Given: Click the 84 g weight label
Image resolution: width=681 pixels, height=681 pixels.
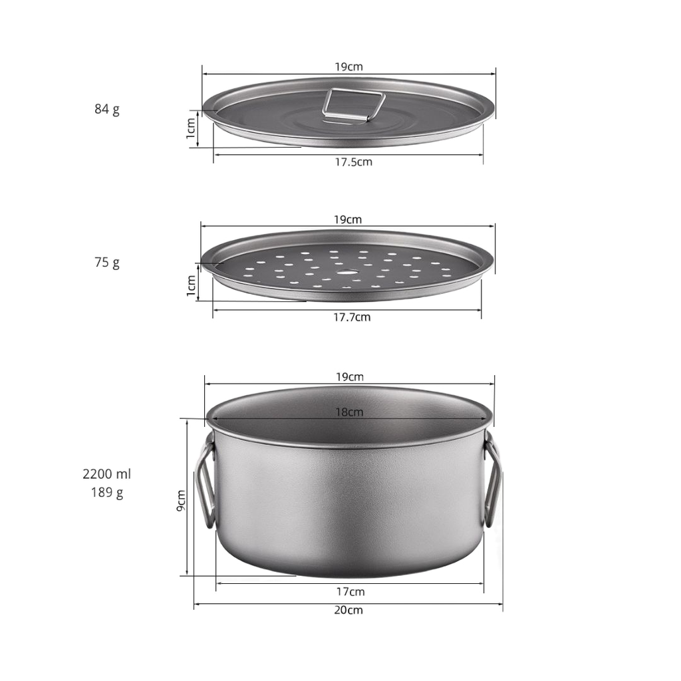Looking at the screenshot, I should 107,109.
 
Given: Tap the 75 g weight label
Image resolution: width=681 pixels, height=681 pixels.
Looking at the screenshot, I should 107,262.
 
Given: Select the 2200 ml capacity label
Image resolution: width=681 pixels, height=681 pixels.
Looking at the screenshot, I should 107,474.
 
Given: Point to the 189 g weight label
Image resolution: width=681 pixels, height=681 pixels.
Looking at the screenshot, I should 107,493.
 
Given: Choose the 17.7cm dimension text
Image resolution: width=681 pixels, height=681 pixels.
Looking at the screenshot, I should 352,317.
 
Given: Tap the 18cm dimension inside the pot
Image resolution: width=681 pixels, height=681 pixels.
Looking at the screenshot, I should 348,412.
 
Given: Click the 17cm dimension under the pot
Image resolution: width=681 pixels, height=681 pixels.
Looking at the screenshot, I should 350,591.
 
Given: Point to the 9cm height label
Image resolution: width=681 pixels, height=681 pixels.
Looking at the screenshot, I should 181,500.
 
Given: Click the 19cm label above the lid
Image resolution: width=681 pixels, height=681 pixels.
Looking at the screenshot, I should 348,67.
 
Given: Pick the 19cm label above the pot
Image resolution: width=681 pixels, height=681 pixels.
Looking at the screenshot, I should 350,377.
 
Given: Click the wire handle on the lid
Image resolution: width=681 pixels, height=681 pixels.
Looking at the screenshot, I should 354,105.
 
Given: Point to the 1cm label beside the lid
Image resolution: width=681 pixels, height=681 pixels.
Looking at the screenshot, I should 191,128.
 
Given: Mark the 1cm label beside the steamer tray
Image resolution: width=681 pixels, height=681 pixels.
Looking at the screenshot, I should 191,285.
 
